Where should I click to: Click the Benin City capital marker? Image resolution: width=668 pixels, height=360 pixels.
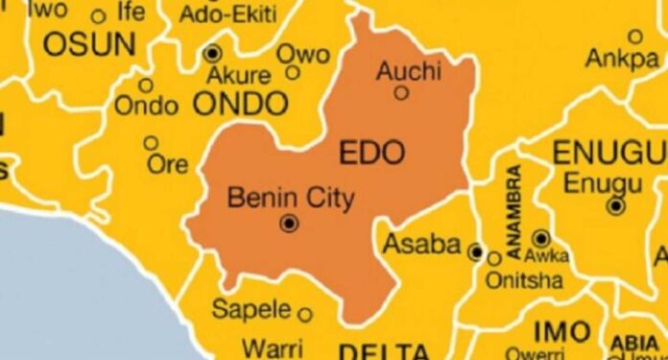click(x=289, y=224)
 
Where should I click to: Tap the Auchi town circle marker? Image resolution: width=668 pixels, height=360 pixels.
click(x=401, y=93)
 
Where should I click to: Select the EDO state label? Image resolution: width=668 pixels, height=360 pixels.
click(x=373, y=152)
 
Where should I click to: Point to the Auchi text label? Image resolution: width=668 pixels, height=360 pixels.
click(x=409, y=69)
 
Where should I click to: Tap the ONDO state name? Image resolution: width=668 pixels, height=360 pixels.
click(x=241, y=103)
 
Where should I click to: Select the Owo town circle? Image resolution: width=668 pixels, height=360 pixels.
click(x=293, y=72)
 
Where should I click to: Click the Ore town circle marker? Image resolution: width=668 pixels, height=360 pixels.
click(x=151, y=143)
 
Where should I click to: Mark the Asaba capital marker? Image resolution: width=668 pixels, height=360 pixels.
click(x=475, y=252)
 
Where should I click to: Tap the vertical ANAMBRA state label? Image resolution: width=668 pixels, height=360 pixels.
click(x=513, y=212)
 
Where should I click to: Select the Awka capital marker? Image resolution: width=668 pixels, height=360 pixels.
click(x=541, y=237)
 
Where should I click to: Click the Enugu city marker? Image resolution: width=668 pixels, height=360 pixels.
click(x=616, y=205)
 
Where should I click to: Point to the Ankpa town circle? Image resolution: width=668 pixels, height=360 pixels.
click(x=634, y=36)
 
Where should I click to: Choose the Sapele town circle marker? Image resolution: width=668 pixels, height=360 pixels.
click(x=305, y=314)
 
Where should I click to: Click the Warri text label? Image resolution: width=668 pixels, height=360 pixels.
click(x=272, y=347)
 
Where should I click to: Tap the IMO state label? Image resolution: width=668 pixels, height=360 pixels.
click(x=561, y=331)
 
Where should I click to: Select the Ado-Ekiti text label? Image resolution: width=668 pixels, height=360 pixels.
click(x=228, y=15)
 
